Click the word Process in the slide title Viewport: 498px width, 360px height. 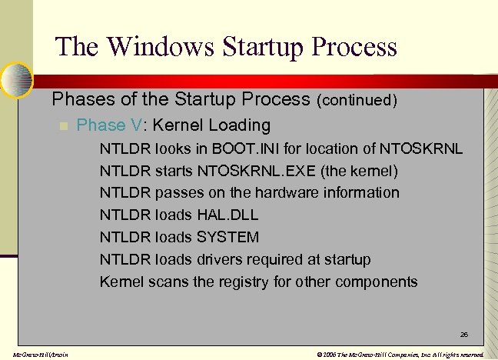coord(351,46)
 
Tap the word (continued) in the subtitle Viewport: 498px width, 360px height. coord(357,100)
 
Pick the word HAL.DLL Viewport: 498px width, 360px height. coord(227,215)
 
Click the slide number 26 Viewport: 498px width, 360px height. coord(463,335)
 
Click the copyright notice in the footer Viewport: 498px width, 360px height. coord(400,355)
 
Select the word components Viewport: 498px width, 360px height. coord(377,282)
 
